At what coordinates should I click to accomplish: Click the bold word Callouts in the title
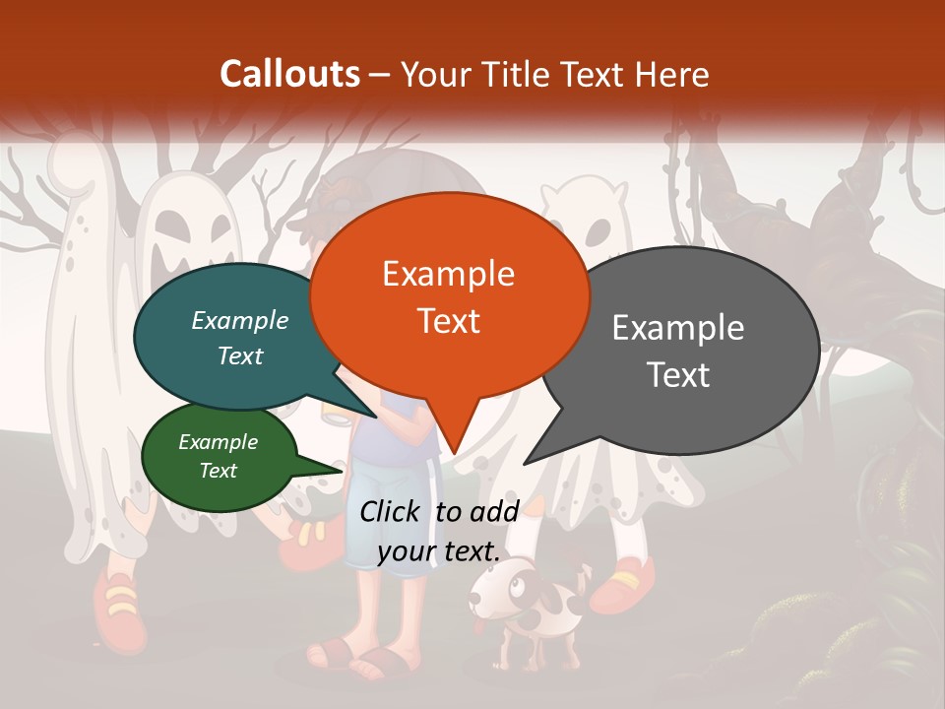[x=289, y=74]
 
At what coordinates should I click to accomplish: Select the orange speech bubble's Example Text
[x=448, y=296]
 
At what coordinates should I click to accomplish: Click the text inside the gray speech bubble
[x=678, y=351]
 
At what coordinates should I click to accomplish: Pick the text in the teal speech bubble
[x=240, y=338]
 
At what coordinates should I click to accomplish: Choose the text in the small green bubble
[x=219, y=456]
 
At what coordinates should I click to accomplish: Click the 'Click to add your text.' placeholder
[x=439, y=531]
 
